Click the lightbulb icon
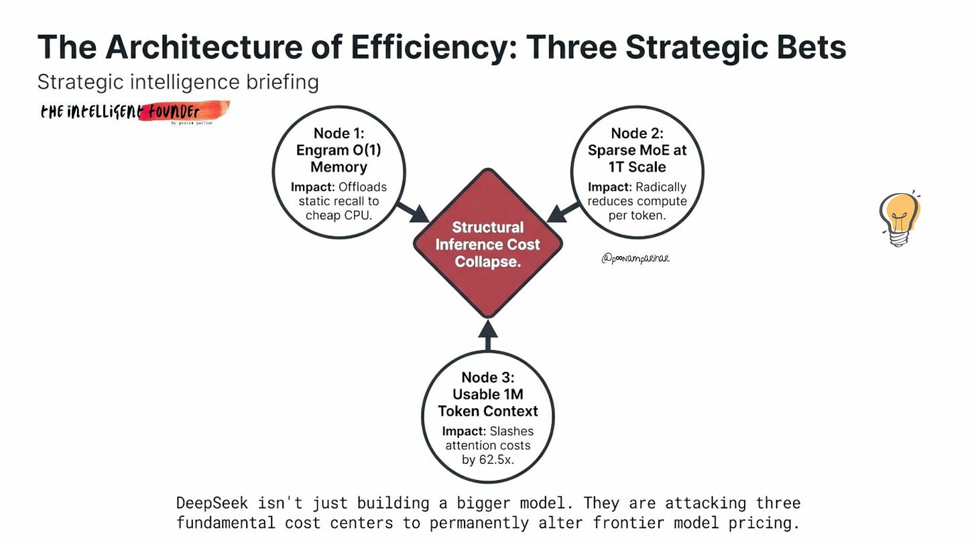point(900,218)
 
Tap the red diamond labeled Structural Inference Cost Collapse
point(488,243)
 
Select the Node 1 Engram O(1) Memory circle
point(339,172)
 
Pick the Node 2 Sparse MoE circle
point(637,172)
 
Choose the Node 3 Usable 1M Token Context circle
point(488,416)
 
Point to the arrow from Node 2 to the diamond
point(562,212)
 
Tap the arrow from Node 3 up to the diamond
point(488,335)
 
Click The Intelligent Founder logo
point(134,112)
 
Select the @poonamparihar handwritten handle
point(635,259)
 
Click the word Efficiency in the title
point(434,48)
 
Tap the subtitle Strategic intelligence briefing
point(178,82)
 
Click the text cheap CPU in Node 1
point(339,215)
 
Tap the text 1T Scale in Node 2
point(637,167)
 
